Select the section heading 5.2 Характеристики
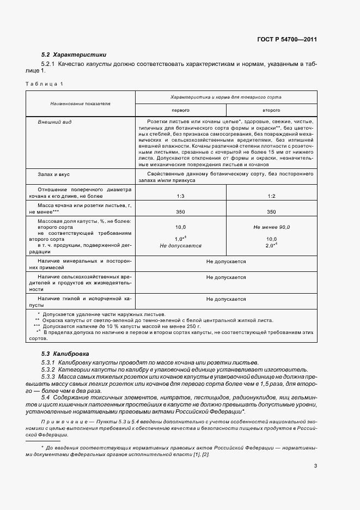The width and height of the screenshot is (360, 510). (74, 54)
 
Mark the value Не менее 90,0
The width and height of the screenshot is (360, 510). (271, 227)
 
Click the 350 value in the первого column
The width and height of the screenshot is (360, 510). (180, 212)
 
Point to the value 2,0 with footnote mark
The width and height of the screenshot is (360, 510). (271, 246)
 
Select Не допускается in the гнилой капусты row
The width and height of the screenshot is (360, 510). (225, 299)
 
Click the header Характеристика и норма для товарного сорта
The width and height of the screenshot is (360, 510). (225, 96)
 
